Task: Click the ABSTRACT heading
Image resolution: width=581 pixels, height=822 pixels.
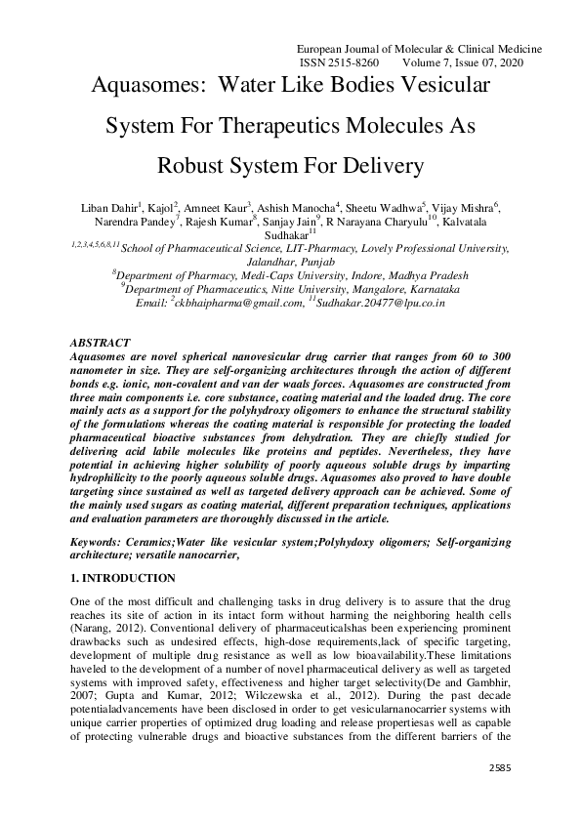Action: [x=102, y=344]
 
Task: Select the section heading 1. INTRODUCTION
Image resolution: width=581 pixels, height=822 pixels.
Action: [x=124, y=578]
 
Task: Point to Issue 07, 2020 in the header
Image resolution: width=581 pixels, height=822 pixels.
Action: [x=497, y=61]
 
